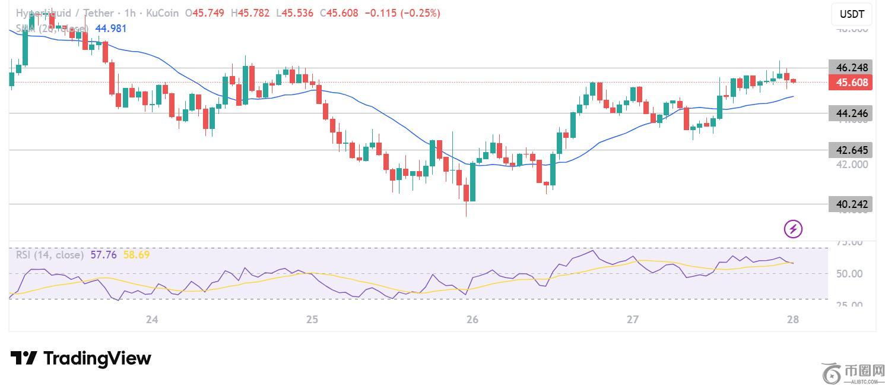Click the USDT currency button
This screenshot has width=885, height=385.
click(x=852, y=14)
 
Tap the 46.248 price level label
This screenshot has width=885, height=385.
click(x=851, y=68)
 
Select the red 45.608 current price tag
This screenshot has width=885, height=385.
click(x=851, y=83)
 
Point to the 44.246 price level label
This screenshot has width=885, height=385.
click(x=851, y=113)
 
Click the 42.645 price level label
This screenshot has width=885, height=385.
click(x=851, y=150)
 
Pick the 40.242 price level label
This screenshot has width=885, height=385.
click(x=851, y=204)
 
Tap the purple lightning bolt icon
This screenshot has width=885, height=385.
click(x=793, y=229)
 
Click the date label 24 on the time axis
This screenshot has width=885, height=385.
click(x=152, y=320)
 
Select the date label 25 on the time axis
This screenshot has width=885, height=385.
click(x=312, y=320)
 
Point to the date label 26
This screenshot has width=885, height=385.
click(x=472, y=320)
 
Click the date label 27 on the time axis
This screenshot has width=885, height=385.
click(x=633, y=320)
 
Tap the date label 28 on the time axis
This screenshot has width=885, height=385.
click(x=793, y=320)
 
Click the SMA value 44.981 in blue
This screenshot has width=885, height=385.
click(x=110, y=29)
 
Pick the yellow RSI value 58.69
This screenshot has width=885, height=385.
click(x=136, y=255)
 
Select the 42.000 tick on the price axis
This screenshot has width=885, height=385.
click(x=851, y=165)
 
